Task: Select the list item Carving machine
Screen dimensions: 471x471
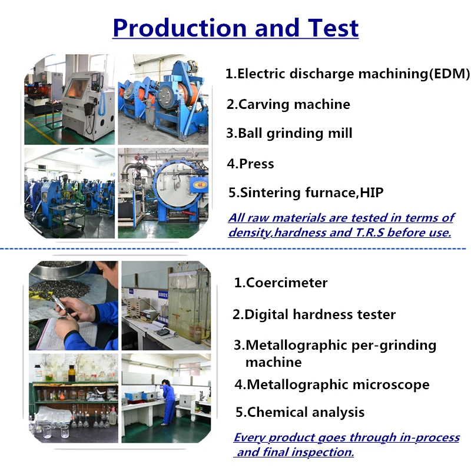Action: click(288, 105)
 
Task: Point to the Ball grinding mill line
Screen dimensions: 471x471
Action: click(289, 134)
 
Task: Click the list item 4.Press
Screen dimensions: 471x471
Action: click(251, 164)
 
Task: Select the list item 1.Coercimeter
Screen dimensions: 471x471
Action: click(281, 283)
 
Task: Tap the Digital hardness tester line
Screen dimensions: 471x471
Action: click(314, 314)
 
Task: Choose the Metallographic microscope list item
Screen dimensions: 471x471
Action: click(332, 385)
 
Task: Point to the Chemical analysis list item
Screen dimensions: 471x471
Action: click(300, 412)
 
